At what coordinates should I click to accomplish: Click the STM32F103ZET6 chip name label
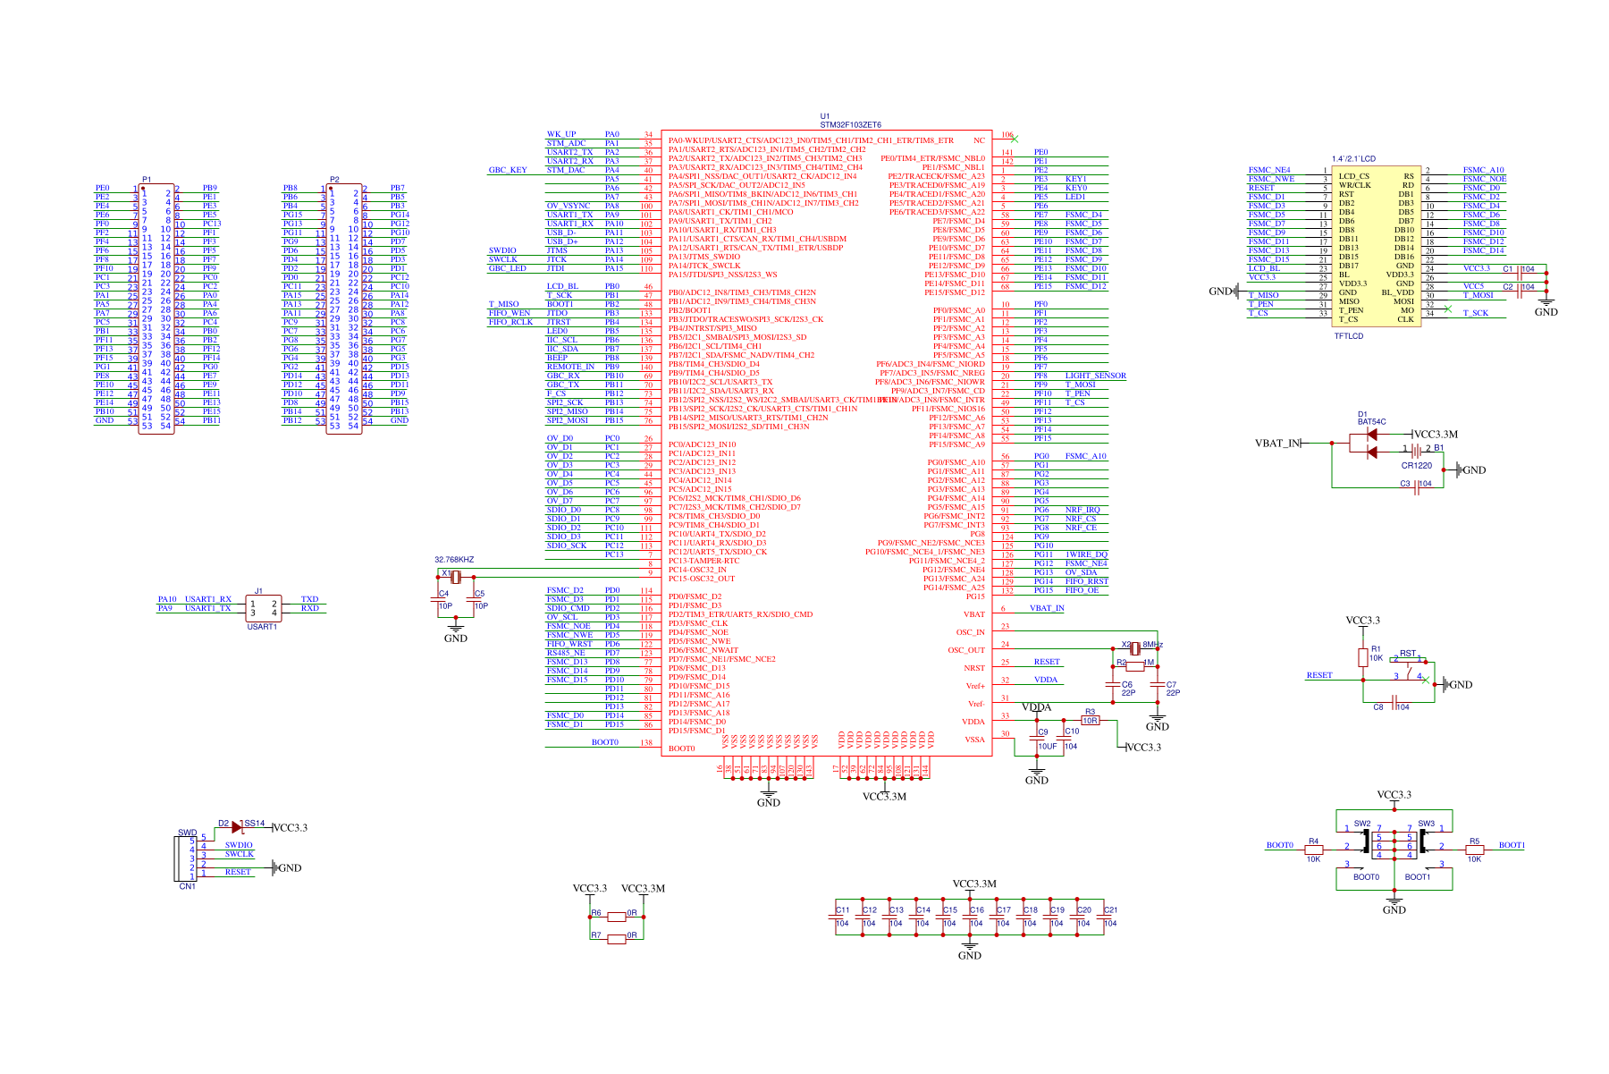point(850,125)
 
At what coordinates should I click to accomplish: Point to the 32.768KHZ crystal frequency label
point(454,560)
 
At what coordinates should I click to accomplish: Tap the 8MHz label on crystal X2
point(1152,645)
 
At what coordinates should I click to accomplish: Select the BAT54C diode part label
point(1371,422)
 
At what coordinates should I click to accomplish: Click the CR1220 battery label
point(1416,465)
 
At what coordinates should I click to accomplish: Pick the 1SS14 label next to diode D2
point(254,824)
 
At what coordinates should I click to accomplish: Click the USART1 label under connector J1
point(262,627)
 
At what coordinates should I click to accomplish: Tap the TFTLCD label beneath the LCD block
point(1349,336)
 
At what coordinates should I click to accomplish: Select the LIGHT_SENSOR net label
point(1095,376)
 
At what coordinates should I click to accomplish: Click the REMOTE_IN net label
point(570,367)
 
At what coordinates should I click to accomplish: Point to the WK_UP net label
point(561,134)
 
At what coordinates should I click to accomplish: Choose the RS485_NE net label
point(566,653)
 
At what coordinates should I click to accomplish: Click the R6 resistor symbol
point(616,917)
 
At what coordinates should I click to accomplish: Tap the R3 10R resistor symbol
point(1090,720)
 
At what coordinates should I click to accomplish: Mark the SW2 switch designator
point(1361,824)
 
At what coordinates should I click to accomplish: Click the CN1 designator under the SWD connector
point(187,886)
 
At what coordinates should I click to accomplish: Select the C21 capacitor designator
point(1110,909)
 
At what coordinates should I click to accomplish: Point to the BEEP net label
point(557,358)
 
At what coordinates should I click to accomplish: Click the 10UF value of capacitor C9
point(1047,747)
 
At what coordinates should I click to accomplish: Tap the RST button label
point(1407,654)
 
